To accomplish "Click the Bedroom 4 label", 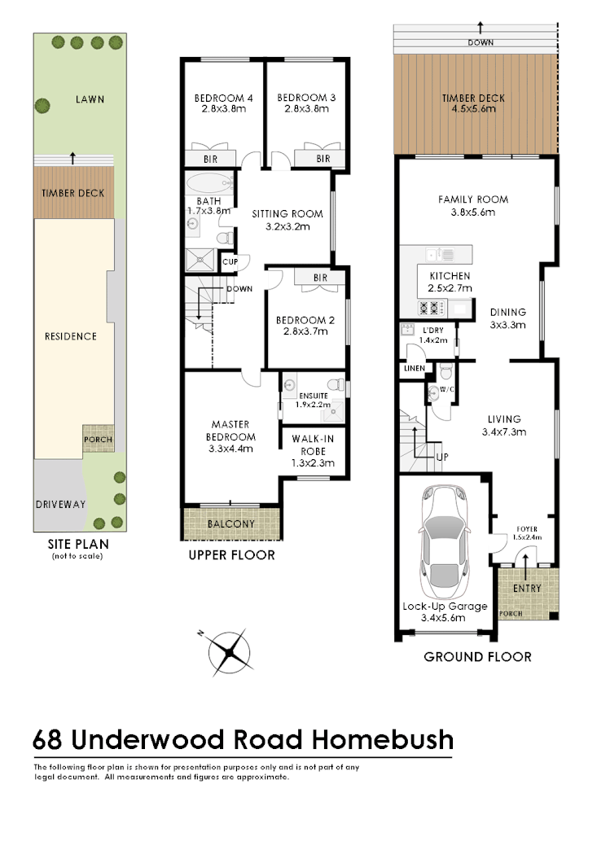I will click(223, 99).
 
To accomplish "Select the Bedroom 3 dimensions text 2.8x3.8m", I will click(306, 108).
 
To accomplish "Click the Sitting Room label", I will click(287, 214).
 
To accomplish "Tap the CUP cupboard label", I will click(230, 261).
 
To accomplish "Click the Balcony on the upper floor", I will click(231, 523).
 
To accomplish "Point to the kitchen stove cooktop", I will click(430, 308).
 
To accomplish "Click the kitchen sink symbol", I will click(443, 253).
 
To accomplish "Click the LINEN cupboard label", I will click(413, 368).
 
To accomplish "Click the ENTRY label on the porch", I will click(527, 588).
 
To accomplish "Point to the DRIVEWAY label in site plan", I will click(59, 504).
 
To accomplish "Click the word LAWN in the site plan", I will click(90, 99).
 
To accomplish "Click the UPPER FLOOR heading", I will click(231, 555).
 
